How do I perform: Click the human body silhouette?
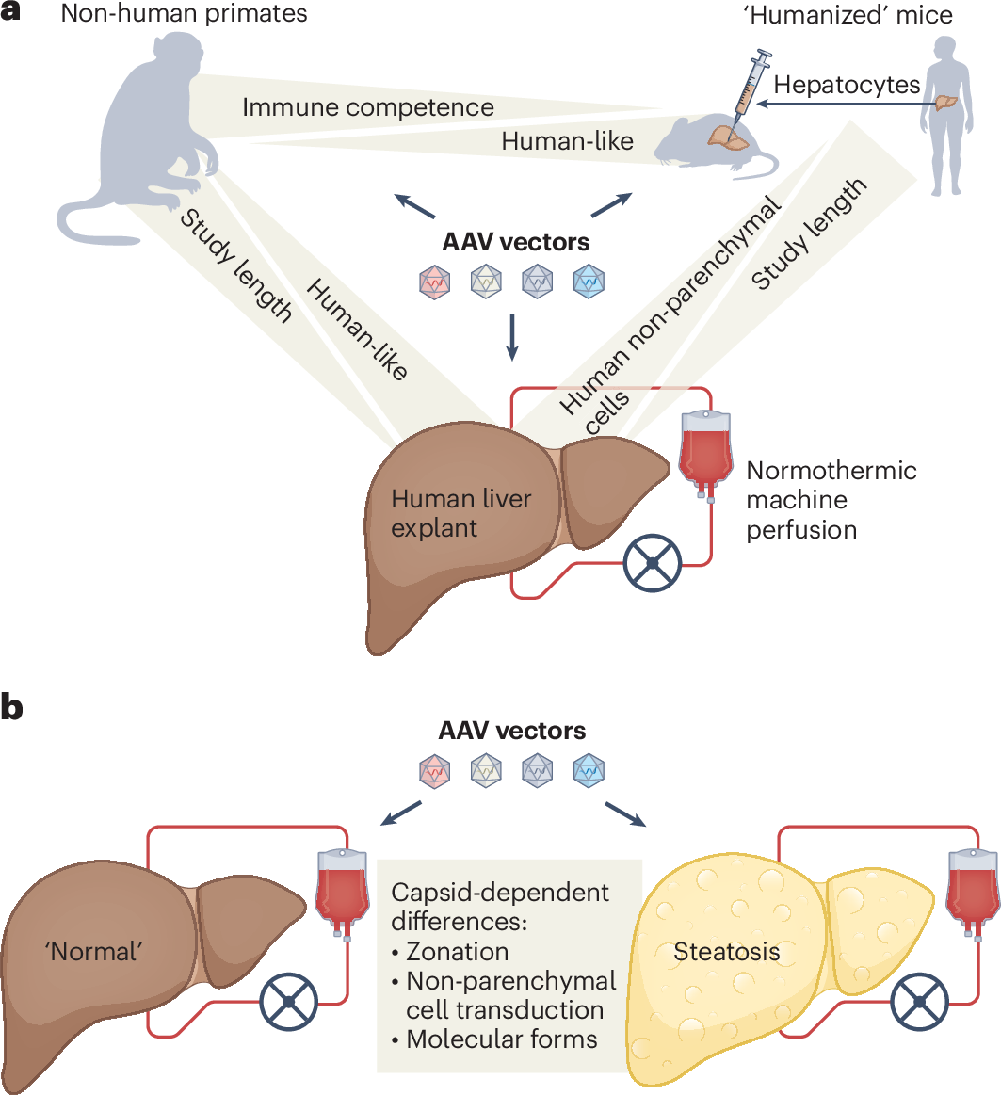pos(946,116)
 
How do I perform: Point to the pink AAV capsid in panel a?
pos(434,282)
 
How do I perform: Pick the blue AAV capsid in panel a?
pos(589,282)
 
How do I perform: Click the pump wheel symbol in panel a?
pos(652,563)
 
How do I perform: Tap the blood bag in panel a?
pos(705,455)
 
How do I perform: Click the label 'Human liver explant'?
pos(461,513)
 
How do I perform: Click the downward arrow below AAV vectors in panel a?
pos(512,337)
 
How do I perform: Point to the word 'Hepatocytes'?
pos(847,85)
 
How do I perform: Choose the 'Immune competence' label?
pos(368,106)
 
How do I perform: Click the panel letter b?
pos(12,707)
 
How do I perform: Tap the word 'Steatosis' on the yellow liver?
pos(726,952)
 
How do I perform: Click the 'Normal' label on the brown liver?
pos(93,952)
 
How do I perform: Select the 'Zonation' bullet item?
pos(450,952)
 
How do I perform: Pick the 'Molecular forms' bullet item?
pos(494,1039)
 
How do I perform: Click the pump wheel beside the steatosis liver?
pos(920,1002)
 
